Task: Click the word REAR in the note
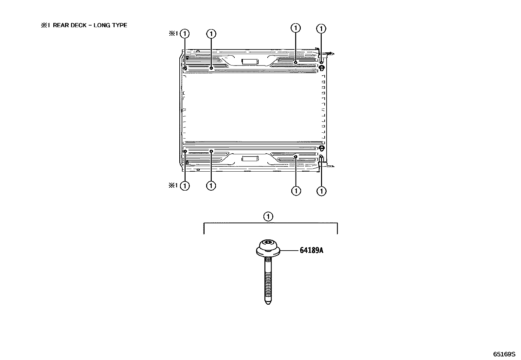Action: pos(61,25)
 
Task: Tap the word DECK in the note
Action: pos(79,25)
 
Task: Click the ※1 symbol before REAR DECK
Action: pos(45,25)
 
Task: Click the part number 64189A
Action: pos(312,250)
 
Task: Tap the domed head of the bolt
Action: pos(268,248)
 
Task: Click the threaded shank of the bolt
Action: pos(268,279)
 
